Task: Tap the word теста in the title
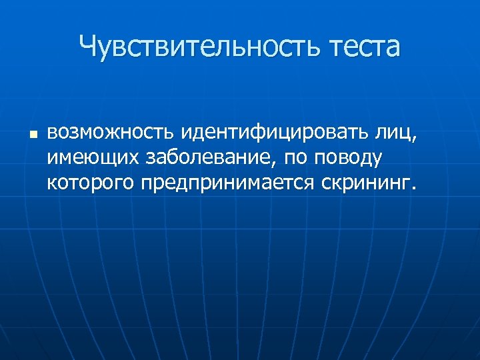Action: (x=363, y=47)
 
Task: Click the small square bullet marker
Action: (x=31, y=135)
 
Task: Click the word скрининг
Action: (x=364, y=183)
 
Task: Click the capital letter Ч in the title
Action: (x=87, y=47)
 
